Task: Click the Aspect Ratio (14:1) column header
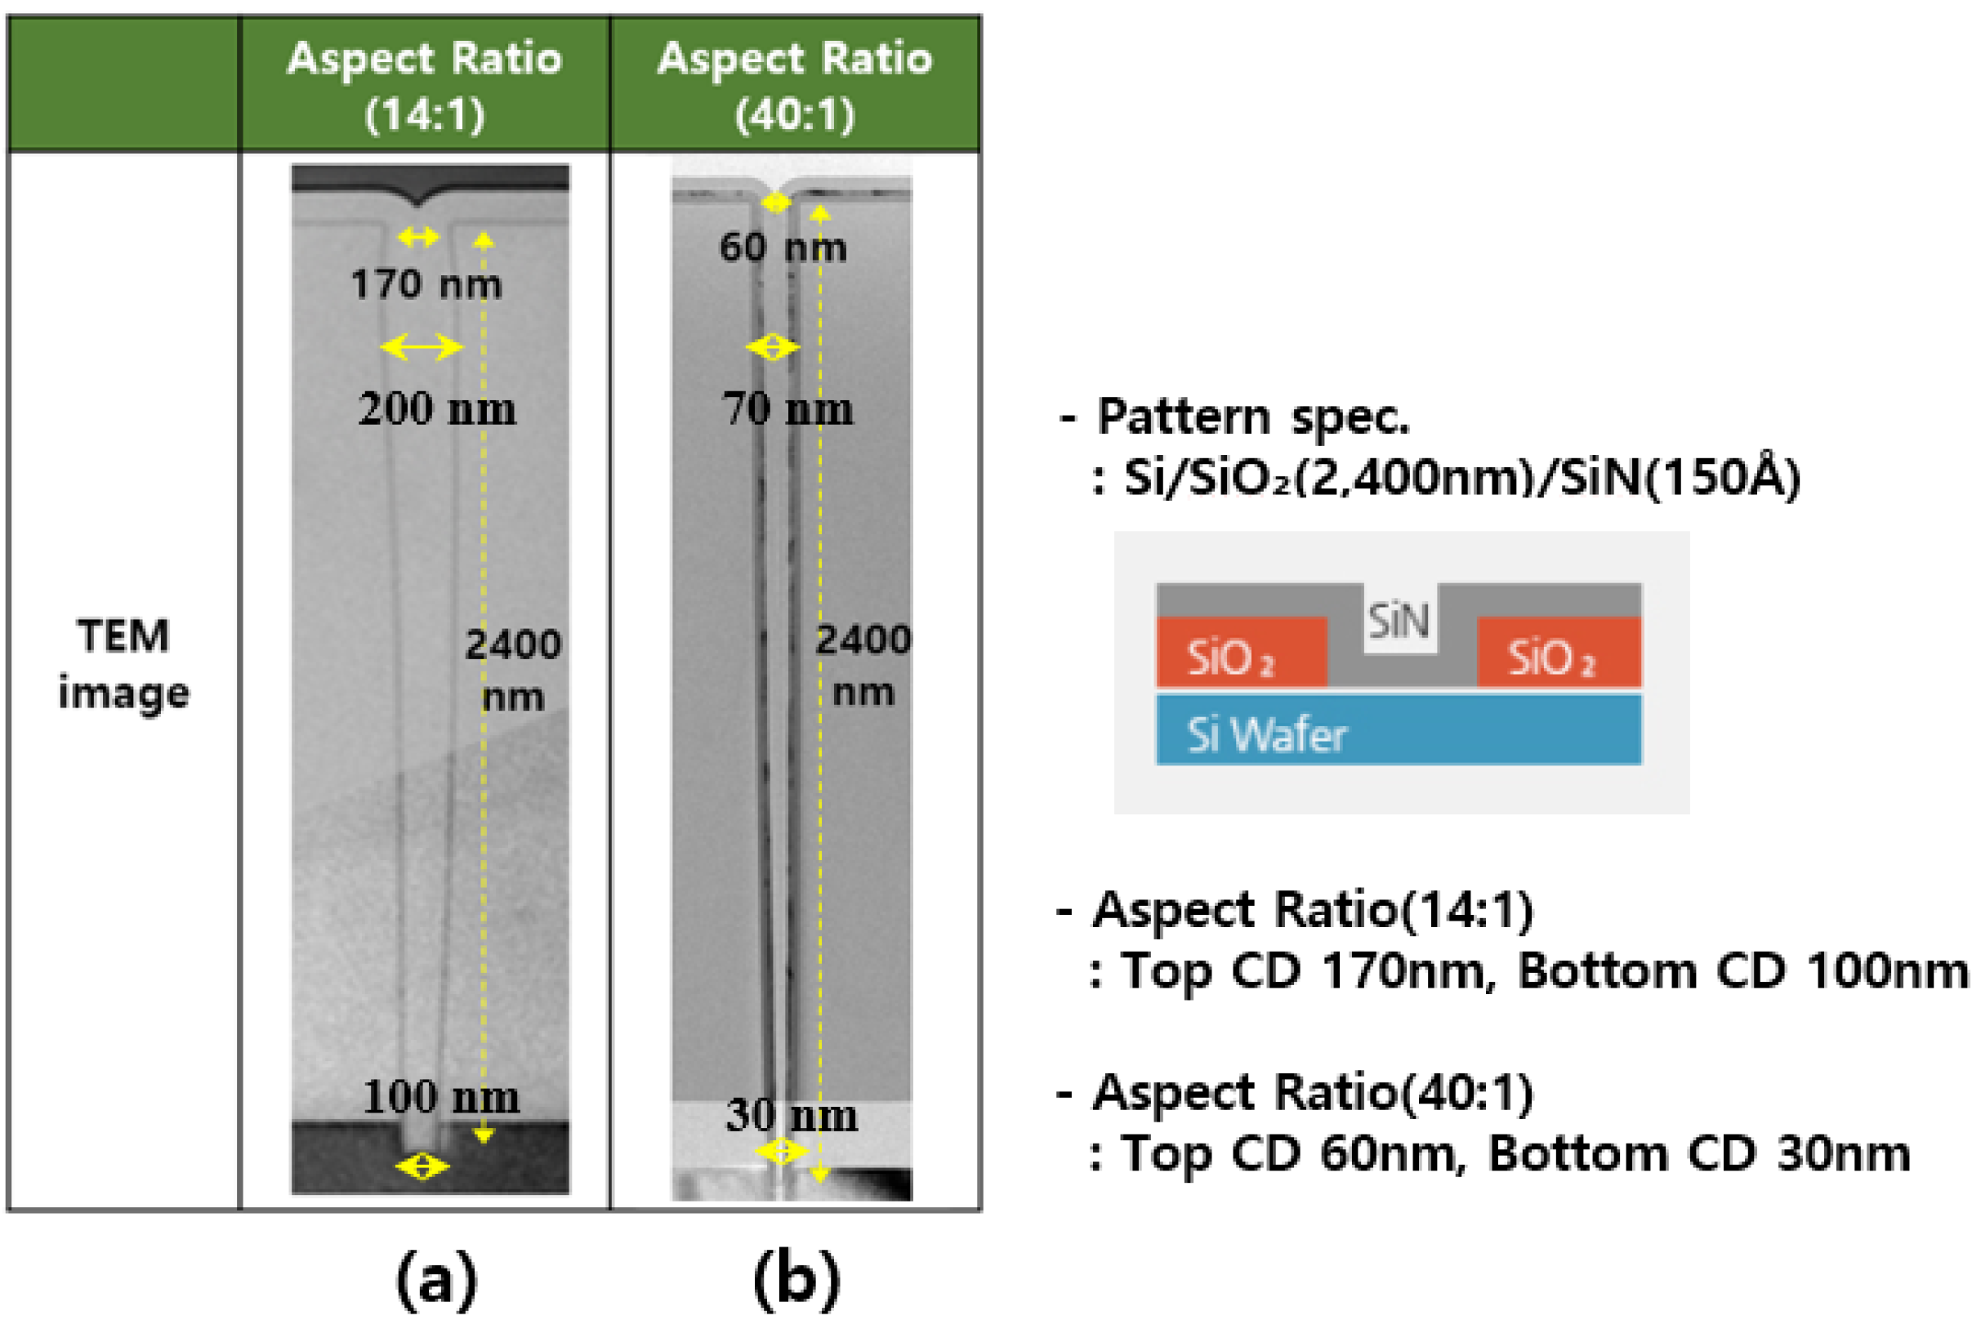click(x=425, y=85)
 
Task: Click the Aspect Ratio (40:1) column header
click(x=794, y=85)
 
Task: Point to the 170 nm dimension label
click(x=426, y=284)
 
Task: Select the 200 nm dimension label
click(x=436, y=408)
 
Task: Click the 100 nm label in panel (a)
click(x=441, y=1097)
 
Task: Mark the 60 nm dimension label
click(x=783, y=248)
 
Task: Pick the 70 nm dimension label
click(x=787, y=408)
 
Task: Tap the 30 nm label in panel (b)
click(x=792, y=1116)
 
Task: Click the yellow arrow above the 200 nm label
click(x=422, y=346)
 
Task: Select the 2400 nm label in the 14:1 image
click(x=513, y=671)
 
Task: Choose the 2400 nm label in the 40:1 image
click(x=863, y=667)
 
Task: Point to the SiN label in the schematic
click(x=1399, y=622)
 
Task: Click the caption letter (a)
click(x=436, y=1279)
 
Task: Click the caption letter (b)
click(x=796, y=1279)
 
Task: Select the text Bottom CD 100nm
click(x=1742, y=971)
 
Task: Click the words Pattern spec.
click(x=1253, y=417)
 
